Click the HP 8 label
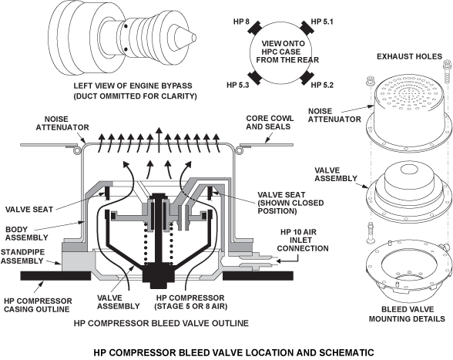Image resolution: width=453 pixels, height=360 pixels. [242, 22]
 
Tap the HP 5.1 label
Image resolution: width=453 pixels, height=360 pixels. [322, 22]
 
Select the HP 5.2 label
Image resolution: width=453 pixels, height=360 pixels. [322, 85]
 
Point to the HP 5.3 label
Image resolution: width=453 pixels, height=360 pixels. [238, 85]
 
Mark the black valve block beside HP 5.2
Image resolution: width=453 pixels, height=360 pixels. [307, 78]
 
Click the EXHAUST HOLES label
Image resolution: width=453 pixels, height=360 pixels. [409, 56]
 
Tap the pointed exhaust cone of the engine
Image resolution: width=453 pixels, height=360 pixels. [185, 38]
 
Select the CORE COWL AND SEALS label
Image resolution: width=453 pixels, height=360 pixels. [270, 123]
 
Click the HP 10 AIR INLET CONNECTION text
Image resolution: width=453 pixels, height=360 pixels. [303, 241]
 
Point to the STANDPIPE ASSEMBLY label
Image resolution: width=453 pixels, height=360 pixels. [22, 257]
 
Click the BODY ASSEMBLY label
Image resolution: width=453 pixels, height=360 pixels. [26, 234]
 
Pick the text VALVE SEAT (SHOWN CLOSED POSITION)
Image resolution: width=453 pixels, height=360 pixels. [290, 203]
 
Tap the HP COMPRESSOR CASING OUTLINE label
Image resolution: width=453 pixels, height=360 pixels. [38, 305]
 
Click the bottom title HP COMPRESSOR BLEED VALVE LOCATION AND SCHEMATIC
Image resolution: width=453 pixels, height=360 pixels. [233, 353]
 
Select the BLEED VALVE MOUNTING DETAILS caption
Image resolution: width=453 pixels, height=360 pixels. [407, 314]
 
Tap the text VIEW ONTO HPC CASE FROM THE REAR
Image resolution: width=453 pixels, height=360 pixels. [287, 52]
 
